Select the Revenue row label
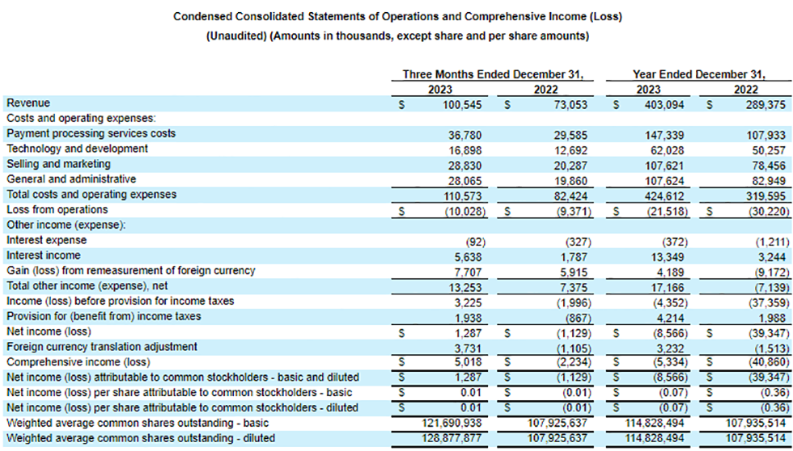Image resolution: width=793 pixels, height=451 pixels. [x=28, y=103]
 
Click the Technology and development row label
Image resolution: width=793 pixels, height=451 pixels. [x=77, y=149]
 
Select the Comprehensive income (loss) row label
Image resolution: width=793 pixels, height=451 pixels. [x=78, y=361]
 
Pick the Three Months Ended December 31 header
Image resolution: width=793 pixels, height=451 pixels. [x=493, y=74]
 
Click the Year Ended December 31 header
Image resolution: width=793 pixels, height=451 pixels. [x=699, y=74]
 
